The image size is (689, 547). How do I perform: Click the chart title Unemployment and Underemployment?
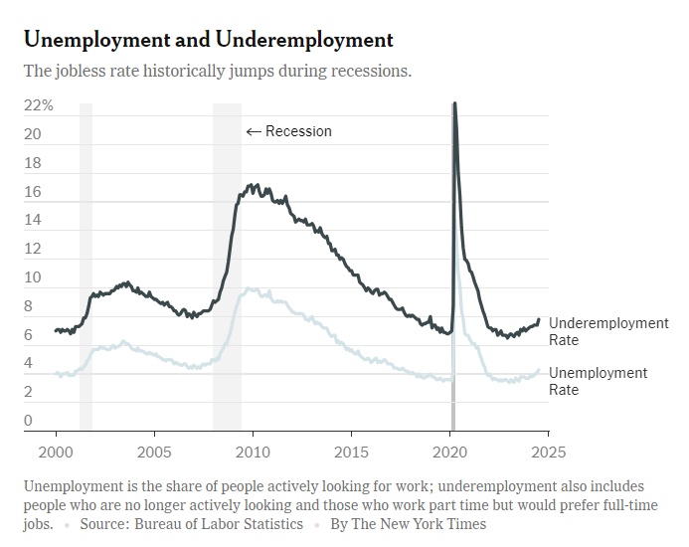pos(208,40)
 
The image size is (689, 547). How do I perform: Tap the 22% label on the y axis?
pos(38,105)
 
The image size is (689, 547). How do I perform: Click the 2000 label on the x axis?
pos(56,453)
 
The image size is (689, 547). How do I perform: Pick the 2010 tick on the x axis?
pos(253,453)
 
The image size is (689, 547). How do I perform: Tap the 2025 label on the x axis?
pos(548,453)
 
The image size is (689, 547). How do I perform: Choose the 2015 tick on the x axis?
pos(351,453)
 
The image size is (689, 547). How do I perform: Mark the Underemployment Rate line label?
pos(608,331)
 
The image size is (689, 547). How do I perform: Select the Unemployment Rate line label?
pos(598,381)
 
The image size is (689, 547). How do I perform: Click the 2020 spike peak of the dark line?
pos(454,103)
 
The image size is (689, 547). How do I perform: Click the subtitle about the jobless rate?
pos(217,72)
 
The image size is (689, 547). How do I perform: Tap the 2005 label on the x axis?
pos(154,453)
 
